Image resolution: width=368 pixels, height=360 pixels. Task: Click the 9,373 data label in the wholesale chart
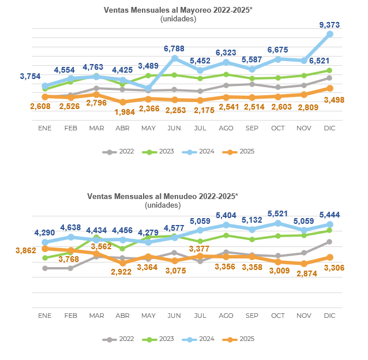[x=329, y=24]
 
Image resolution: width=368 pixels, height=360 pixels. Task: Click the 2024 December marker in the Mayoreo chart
[x=330, y=35]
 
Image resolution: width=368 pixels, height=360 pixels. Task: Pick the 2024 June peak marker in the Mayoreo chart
[x=174, y=58]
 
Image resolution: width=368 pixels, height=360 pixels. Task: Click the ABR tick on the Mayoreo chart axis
[x=122, y=127]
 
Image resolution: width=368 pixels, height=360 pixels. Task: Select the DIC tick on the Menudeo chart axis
[x=330, y=316]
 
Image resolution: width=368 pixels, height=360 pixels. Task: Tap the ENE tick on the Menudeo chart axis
[x=44, y=316]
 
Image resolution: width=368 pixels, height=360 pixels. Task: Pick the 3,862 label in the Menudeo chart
[x=25, y=250]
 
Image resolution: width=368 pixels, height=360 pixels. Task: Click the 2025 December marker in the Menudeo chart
[x=330, y=257]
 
